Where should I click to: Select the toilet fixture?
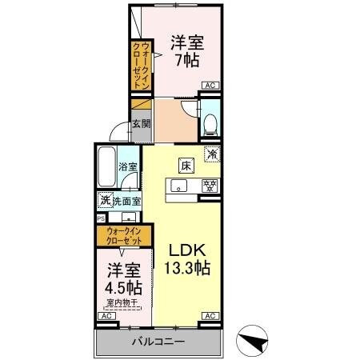(x=210, y=122)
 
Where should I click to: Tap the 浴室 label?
(x=128, y=167)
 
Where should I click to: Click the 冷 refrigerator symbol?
(x=212, y=154)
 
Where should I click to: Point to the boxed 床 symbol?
(x=186, y=166)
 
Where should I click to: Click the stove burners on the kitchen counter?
(x=209, y=186)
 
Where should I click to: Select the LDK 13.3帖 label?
(x=190, y=260)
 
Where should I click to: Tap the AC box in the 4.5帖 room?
(x=104, y=318)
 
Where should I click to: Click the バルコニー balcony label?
(x=158, y=342)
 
